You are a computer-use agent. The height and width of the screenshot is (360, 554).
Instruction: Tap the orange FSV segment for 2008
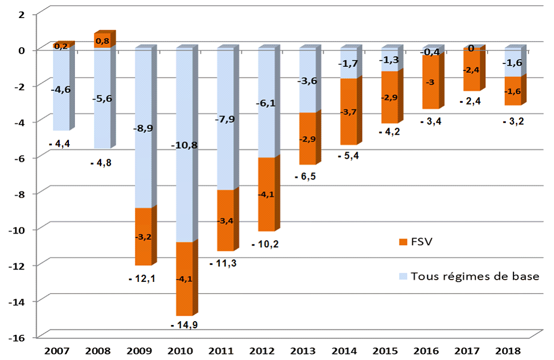102,40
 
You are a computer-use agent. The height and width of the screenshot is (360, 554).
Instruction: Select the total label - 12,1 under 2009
142,278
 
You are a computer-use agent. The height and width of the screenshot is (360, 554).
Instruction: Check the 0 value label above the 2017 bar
470,49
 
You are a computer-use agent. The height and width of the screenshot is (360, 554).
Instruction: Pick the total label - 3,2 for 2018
514,121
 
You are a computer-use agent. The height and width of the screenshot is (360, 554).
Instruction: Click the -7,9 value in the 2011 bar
226,119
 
